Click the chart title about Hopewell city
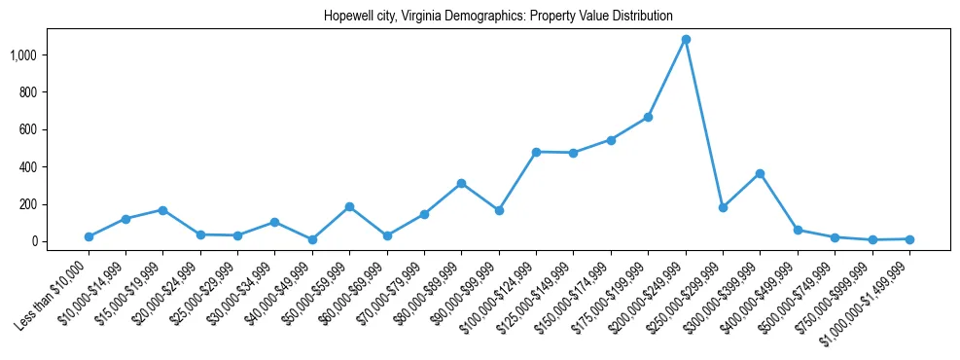coord(498,17)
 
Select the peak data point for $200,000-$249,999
coord(686,40)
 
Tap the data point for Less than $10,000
coord(89,236)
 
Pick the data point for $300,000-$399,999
coord(761,173)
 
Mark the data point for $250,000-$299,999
coord(723,207)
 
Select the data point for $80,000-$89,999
coord(462,183)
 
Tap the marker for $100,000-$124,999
coord(536,152)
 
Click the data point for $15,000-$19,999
coord(163,210)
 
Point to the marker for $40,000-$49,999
coord(312,239)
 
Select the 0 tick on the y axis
coord(33,241)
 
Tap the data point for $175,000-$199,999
coord(649,117)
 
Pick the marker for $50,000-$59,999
coord(349,206)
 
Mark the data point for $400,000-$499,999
coord(798,230)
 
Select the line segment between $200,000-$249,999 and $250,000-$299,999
coord(704,124)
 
